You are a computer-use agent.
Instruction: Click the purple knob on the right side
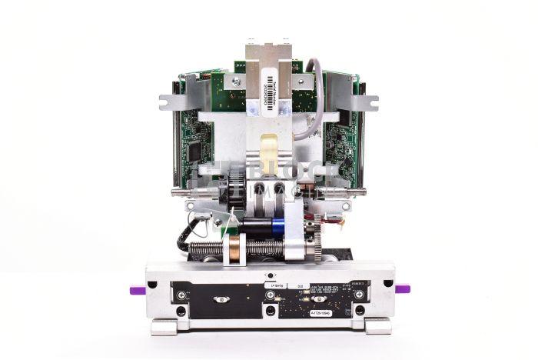point(402,289)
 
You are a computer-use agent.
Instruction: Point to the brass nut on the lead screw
point(231,248)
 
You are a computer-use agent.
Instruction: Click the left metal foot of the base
point(164,327)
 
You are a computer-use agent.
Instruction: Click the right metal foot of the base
point(377,327)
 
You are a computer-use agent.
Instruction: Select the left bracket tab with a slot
point(170,101)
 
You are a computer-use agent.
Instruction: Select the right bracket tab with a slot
point(369,101)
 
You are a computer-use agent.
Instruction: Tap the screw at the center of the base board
point(270,311)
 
